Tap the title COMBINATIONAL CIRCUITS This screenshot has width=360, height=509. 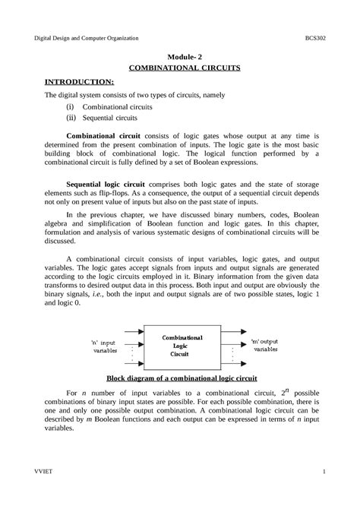(x=180, y=67)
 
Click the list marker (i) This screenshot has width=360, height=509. (x=74, y=108)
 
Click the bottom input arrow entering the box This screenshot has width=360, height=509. (x=128, y=362)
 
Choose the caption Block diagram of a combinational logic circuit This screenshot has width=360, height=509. (x=180, y=378)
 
